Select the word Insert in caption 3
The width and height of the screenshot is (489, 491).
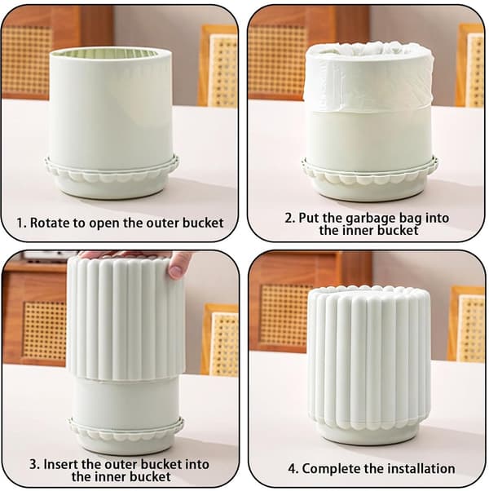point(60,464)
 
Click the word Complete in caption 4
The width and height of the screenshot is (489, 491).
point(329,469)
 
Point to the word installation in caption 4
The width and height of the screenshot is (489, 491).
point(420,468)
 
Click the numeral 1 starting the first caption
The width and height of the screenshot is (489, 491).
point(20,223)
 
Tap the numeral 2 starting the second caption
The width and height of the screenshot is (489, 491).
point(289,218)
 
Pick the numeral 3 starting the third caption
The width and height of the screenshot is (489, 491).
point(33,464)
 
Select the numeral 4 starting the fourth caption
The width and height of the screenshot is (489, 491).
point(292,469)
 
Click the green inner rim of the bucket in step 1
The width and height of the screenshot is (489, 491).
point(110,53)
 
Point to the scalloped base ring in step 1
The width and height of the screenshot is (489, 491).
point(112,171)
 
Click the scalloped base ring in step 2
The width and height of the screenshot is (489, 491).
point(370,171)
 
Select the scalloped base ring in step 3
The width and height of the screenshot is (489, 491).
point(126,430)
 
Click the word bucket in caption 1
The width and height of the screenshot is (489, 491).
point(203,223)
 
